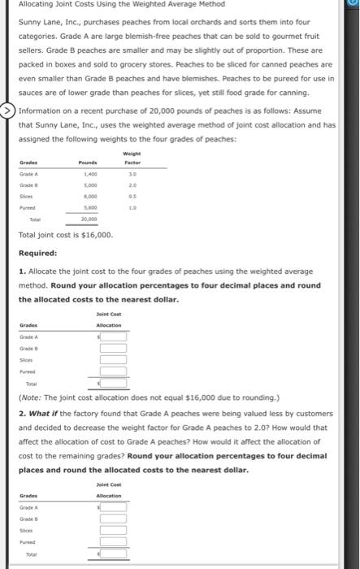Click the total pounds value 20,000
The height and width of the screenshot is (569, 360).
click(x=89, y=219)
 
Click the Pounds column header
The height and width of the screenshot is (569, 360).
click(x=89, y=163)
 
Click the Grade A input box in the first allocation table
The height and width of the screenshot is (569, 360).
click(x=113, y=336)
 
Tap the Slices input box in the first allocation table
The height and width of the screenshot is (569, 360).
click(x=113, y=359)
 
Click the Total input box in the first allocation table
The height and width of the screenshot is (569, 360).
click(x=113, y=383)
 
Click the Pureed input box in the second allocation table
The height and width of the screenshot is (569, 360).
click(x=113, y=541)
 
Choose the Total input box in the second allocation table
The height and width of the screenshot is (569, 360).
click(x=113, y=554)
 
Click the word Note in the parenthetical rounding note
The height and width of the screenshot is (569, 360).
click(x=32, y=397)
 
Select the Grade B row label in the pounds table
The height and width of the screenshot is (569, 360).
click(x=29, y=185)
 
